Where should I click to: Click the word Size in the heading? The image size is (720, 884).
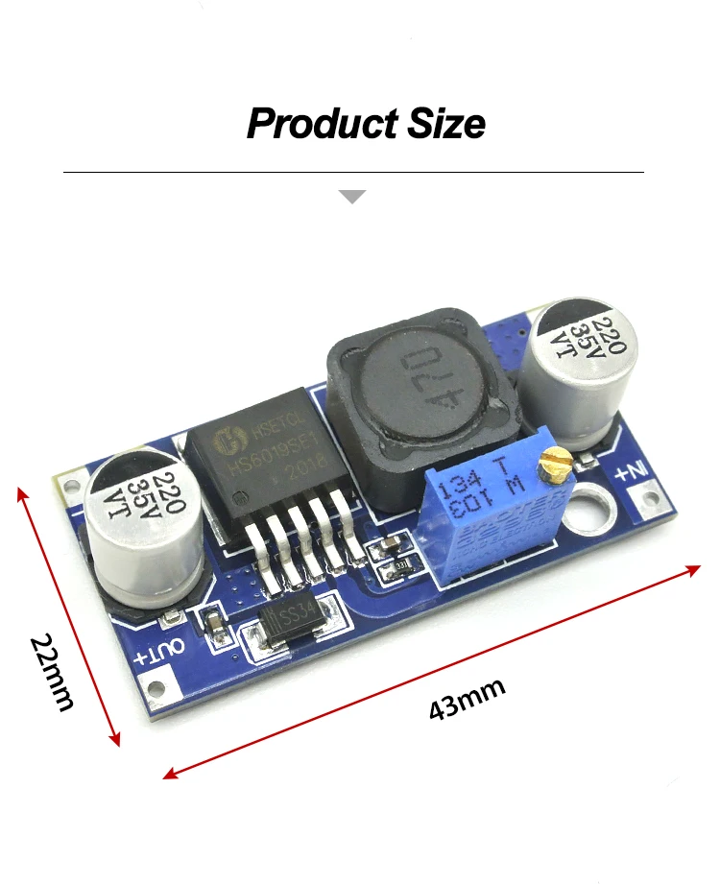(444, 125)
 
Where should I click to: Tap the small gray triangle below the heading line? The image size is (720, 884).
(353, 197)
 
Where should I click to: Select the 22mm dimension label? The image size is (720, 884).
(51, 671)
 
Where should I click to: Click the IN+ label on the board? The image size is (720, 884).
(635, 471)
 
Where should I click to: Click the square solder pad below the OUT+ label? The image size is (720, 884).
(153, 685)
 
